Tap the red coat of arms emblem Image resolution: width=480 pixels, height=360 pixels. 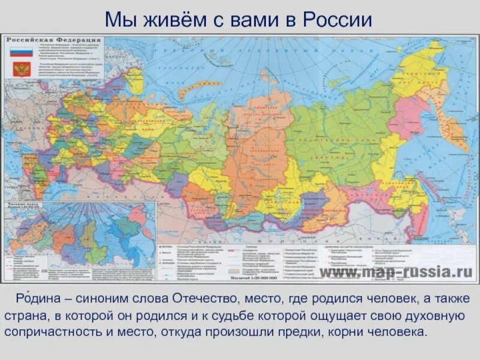pos(20,69)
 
